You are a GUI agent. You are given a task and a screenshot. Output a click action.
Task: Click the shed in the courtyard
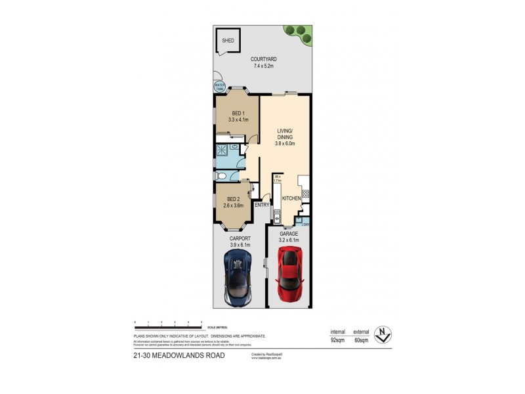point(228,40)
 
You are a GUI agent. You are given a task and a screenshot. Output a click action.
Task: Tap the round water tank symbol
point(218,86)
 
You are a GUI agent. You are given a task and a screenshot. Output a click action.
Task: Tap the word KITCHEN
point(291,198)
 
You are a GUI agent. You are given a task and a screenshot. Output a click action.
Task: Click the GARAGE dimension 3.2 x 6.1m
point(289,240)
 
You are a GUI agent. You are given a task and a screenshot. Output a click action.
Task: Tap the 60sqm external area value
point(361,341)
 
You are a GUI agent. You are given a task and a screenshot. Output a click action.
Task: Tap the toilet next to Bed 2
point(222,177)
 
